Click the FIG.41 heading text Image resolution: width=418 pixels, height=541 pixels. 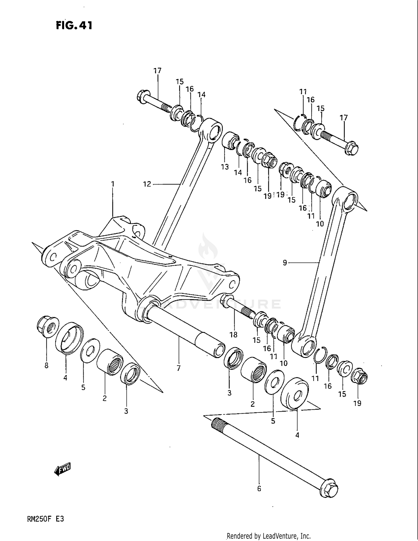coord(74,25)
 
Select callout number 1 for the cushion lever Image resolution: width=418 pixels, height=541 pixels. coord(113,184)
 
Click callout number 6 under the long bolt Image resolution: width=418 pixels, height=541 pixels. coord(259,489)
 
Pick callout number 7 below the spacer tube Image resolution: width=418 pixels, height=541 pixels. coord(179,368)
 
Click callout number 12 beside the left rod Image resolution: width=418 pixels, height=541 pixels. coord(147,184)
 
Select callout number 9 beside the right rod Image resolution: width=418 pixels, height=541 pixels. coord(285,263)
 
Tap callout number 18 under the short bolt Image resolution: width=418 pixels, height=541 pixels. coord(233,334)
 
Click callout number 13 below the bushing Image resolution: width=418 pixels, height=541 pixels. coord(225,167)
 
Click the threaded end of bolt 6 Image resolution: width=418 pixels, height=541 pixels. coord(217,425)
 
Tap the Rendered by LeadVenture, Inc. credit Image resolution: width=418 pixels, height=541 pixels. coord(269,536)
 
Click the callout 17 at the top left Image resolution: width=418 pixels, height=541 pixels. coord(157,71)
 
